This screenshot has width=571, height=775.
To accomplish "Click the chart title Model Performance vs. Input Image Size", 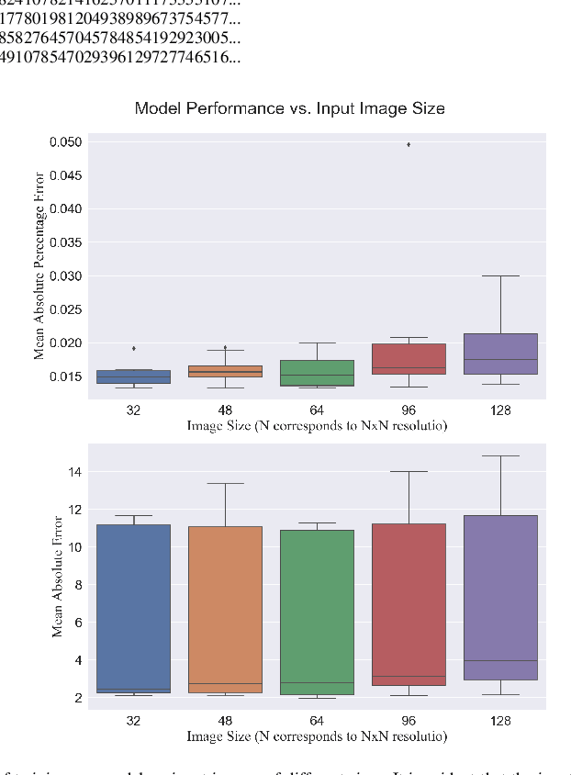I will coord(289,108).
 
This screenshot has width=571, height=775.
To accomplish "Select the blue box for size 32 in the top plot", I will coord(133,376).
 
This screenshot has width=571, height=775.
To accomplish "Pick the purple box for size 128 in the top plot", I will coord(500,354).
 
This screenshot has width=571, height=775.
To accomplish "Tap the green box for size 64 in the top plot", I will coord(317,373).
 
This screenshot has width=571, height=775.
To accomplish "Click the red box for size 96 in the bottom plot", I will coord(409,606).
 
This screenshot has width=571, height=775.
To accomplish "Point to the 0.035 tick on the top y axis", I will coord(65,242).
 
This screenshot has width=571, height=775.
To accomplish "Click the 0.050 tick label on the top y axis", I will coord(65,142).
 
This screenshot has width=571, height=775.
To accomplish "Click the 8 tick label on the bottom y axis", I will coord(77,585).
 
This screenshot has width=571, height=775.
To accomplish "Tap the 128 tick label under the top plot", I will coord(500,411).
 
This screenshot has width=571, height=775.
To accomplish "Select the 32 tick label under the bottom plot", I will coord(133,722).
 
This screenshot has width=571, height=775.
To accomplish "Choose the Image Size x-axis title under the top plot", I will coord(317,426).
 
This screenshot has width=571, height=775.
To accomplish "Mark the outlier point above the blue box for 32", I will coord(133,348).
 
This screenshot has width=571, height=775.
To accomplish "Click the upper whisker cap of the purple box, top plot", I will coord(500,275).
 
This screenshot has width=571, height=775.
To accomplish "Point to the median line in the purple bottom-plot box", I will coord(500,660).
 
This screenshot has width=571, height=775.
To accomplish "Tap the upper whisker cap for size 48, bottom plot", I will coord(225,483).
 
